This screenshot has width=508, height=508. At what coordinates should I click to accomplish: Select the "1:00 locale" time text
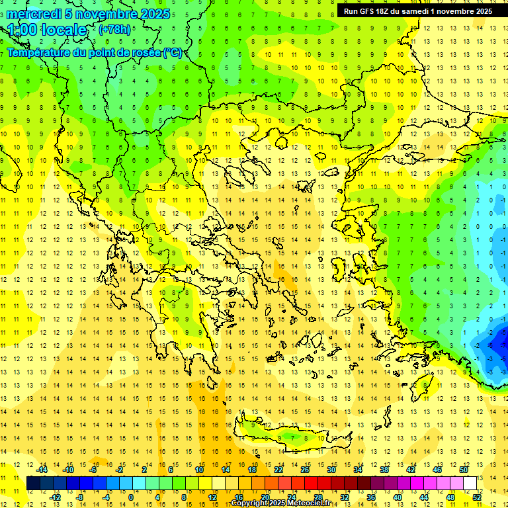point(47,30)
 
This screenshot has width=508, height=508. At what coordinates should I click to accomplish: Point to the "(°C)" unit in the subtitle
point(173,52)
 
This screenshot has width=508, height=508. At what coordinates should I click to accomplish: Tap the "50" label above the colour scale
point(463,470)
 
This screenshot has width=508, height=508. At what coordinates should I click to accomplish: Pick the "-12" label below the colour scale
point(55,497)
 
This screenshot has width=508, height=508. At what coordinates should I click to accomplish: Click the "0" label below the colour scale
point(131,497)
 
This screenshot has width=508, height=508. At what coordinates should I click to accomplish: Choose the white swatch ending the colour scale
point(470,484)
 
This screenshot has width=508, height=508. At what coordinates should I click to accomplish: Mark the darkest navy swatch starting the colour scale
point(33,484)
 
